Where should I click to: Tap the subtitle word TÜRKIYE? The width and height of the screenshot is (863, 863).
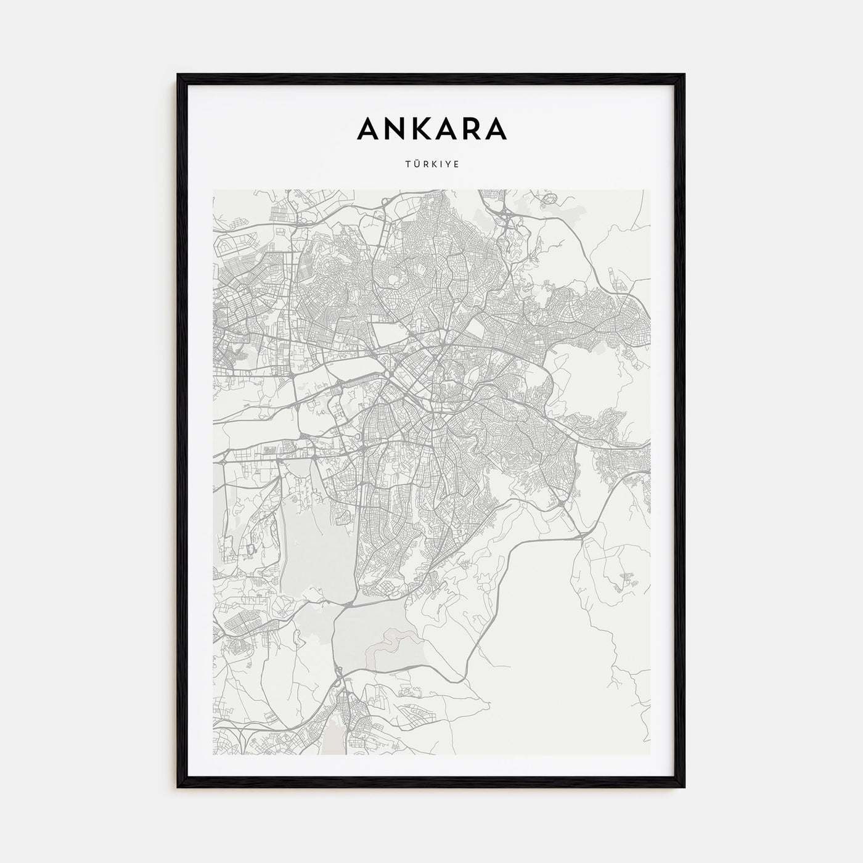431,165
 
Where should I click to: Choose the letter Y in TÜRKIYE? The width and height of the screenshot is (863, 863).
448,165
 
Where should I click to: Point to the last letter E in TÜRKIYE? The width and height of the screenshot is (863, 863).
457,165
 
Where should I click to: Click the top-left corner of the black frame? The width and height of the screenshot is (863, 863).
178,75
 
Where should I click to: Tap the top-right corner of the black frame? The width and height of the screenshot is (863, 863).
684,75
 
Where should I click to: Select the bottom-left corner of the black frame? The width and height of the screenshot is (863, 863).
178,787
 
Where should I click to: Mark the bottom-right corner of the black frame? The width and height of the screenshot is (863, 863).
684,787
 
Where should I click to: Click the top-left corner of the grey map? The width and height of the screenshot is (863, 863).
213,190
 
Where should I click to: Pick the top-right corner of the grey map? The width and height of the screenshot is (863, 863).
650,190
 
